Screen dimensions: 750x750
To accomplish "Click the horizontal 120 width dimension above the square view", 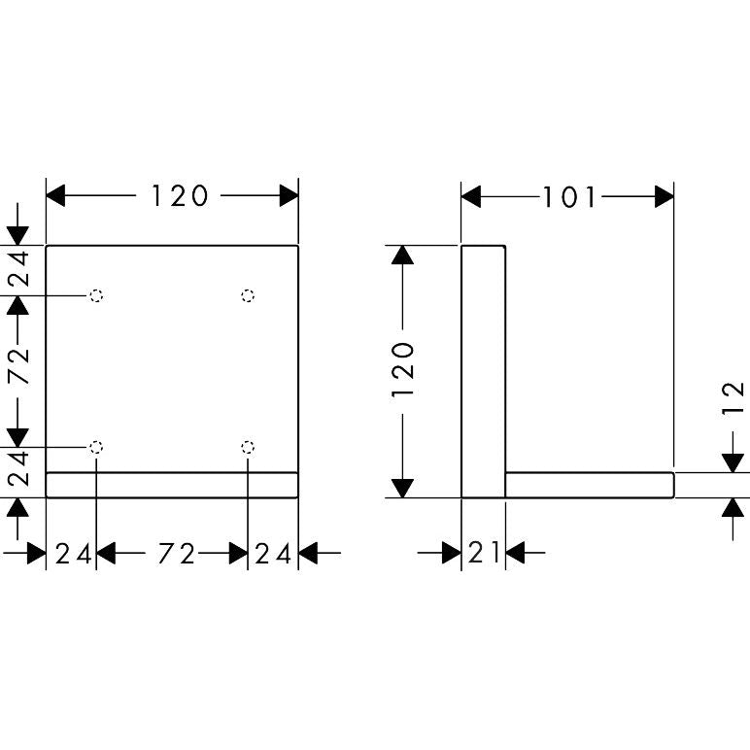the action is tap(180, 195).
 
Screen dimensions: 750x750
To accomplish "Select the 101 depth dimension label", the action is tap(569, 196).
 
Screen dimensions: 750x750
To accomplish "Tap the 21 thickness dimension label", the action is tap(483, 553).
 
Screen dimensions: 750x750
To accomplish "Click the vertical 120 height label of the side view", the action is tap(402, 369).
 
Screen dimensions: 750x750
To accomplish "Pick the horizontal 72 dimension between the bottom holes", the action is tap(177, 554).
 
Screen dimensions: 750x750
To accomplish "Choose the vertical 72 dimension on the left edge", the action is tap(19, 366).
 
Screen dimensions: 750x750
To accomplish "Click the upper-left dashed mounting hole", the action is tap(96, 295).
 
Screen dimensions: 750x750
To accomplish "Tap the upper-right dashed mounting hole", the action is tap(248, 295).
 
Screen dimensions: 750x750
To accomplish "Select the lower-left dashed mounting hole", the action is tap(96, 447).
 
